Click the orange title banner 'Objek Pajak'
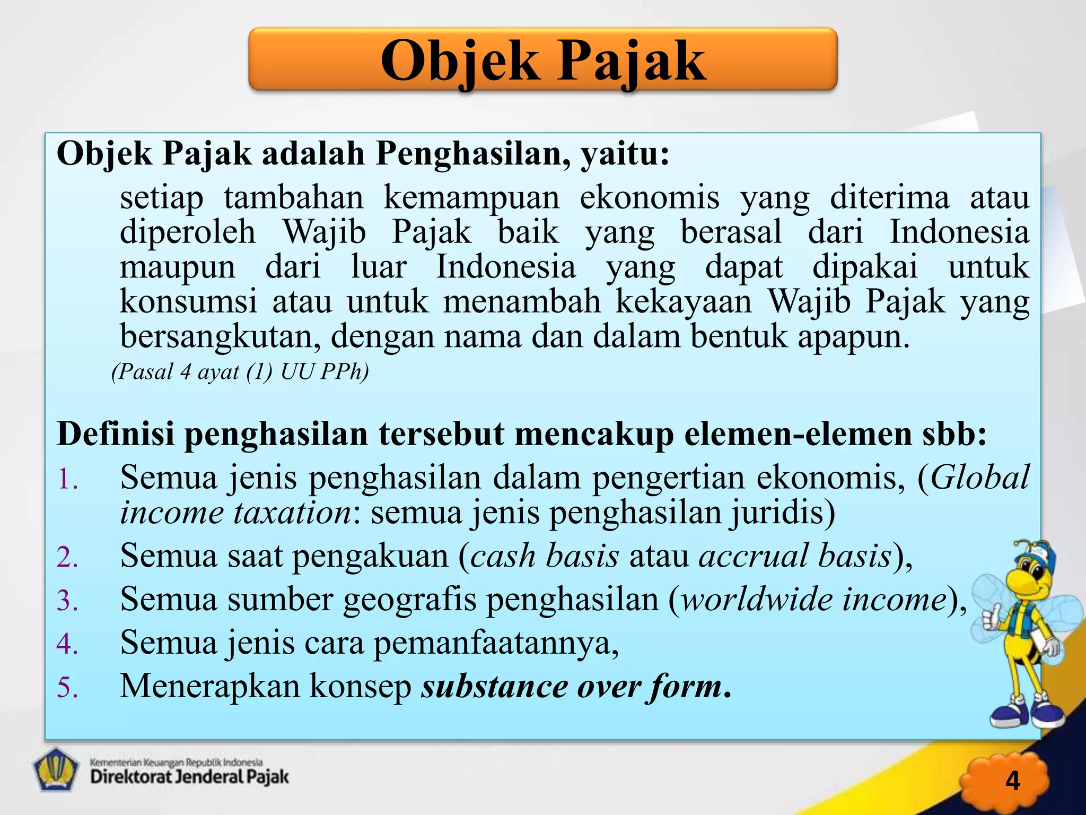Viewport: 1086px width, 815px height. click(542, 59)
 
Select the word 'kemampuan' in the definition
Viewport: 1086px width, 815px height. click(471, 198)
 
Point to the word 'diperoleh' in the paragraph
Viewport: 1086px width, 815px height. click(187, 232)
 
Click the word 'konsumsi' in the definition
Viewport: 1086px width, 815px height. click(188, 302)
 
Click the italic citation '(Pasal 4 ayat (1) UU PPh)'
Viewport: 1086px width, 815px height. click(240, 372)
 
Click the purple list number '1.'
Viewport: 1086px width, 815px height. click(67, 479)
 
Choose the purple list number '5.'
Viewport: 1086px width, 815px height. click(67, 688)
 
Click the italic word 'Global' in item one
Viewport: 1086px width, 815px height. click(979, 478)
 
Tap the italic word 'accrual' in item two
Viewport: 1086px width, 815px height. click(754, 557)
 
